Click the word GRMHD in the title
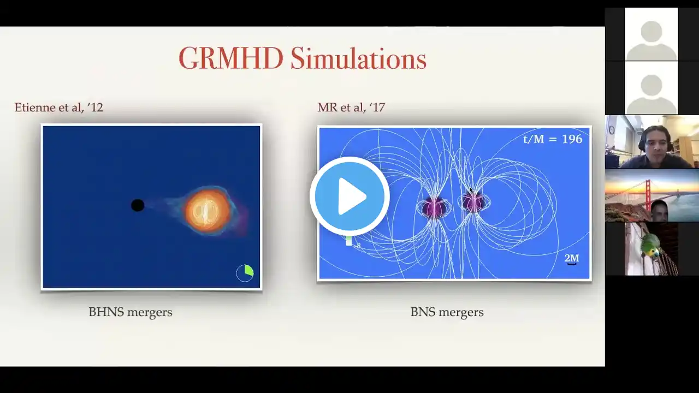231,58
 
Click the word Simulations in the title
359,58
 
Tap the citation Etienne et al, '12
58,108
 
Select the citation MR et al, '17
351,108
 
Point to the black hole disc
138,205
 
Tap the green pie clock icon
245,273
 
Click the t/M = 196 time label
553,139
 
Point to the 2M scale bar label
572,258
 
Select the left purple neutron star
434,206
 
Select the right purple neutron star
473,202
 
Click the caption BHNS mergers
131,312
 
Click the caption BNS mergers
447,312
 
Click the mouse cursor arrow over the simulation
471,190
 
